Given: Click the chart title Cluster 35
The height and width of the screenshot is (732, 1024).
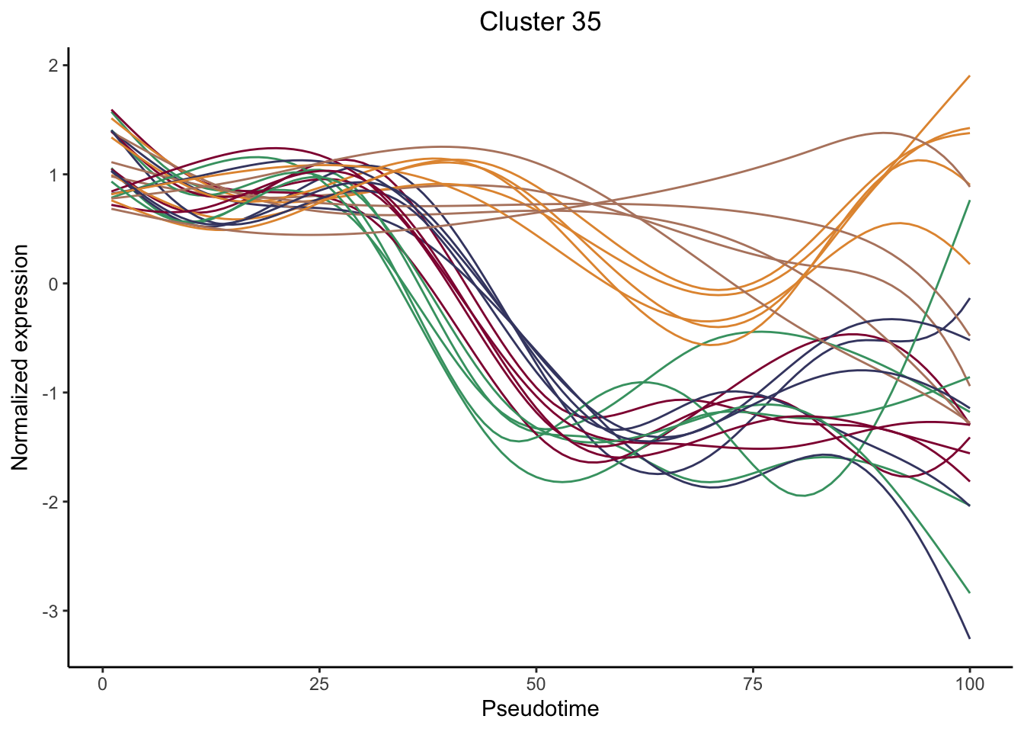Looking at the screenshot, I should [539, 22].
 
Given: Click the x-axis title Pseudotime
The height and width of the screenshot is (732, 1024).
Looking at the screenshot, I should [539, 709].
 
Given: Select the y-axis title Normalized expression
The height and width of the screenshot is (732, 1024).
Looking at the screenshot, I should [21, 358].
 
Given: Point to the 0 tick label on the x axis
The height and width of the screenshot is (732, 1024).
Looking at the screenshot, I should [103, 684].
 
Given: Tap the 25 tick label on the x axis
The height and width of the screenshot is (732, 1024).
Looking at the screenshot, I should [319, 684].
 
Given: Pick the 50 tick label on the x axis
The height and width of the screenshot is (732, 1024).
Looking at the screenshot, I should [536, 684].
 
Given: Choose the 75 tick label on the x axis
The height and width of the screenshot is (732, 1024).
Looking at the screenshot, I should [753, 684].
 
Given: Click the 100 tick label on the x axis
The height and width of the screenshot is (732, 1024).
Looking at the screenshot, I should [969, 684].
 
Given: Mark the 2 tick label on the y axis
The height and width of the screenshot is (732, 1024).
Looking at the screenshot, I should [53, 66].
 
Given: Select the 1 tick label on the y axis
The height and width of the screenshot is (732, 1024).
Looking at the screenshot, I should [53, 175].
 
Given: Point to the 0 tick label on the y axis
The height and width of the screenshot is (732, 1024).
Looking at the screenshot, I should [53, 284].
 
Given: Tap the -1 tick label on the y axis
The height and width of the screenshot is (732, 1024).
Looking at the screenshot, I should [50, 393].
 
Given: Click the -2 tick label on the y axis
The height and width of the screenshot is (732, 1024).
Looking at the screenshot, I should [50, 502].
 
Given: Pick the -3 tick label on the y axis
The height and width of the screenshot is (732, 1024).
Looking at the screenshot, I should [50, 611].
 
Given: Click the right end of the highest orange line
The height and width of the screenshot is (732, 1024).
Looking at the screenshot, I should [969, 76].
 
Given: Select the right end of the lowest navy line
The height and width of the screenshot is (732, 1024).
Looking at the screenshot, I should [969, 638].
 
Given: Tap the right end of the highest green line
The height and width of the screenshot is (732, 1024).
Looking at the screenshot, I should [969, 201].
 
